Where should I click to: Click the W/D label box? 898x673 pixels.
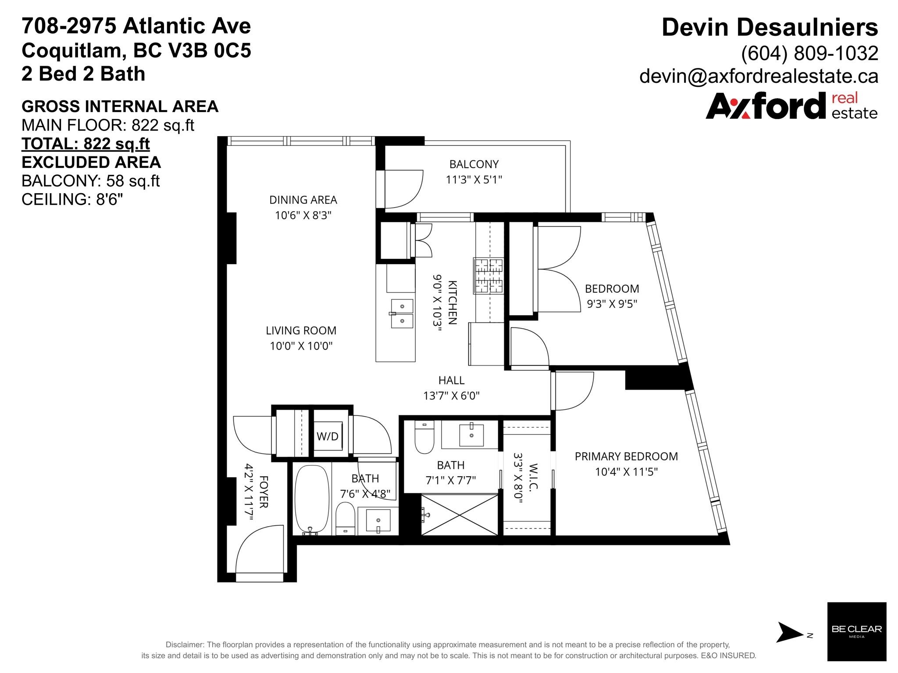[328, 436]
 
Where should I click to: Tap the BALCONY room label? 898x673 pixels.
[474, 164]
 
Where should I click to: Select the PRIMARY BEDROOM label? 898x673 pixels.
[626, 457]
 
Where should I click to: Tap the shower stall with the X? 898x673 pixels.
[460, 514]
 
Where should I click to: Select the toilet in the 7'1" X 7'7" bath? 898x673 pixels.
[424, 437]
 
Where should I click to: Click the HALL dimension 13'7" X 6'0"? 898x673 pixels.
[451, 396]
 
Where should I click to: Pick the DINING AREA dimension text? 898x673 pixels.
[303, 216]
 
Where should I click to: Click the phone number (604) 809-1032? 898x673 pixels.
[809, 53]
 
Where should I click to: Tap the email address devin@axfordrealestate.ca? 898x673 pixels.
[759, 76]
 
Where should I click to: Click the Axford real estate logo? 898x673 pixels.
[791, 106]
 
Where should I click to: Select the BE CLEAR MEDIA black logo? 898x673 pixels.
[856, 631]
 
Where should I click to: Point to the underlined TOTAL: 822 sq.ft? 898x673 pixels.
[86, 144]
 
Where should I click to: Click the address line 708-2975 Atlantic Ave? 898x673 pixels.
[136, 26]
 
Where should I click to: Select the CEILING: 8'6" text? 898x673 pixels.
[72, 199]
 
